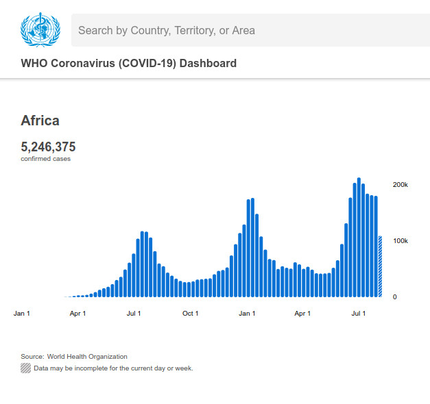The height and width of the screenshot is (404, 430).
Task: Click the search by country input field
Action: coord(247,30)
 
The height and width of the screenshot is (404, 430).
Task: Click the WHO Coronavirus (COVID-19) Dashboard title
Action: coord(129,64)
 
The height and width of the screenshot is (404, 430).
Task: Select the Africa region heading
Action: coord(40,121)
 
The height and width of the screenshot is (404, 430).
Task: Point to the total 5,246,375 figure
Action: coord(48,147)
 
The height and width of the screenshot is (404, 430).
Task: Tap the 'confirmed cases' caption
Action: coord(45,159)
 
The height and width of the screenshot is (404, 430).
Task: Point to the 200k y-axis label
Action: coord(400,185)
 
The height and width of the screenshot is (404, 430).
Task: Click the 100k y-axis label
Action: coord(400,241)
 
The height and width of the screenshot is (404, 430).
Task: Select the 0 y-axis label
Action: coord(394,297)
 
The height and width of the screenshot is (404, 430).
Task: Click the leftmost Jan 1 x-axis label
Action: coord(22,314)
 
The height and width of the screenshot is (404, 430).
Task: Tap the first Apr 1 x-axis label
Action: coord(78,314)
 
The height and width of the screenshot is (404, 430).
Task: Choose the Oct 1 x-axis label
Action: coord(190,314)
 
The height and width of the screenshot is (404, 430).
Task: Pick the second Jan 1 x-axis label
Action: coord(247,314)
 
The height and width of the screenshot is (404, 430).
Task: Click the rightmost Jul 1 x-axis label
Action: coord(359,314)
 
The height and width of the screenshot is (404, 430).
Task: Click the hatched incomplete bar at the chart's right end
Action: coord(380,267)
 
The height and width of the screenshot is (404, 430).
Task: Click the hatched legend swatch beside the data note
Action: coord(26,368)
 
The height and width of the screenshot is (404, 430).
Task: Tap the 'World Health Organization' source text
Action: coord(87,357)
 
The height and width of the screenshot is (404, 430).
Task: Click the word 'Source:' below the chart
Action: coord(32,357)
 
